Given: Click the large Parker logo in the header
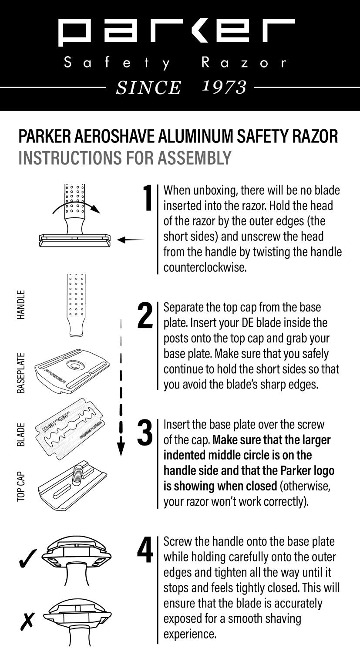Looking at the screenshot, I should click(x=176, y=32).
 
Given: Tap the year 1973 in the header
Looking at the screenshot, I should click(x=225, y=87).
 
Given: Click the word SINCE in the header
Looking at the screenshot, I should click(x=148, y=88).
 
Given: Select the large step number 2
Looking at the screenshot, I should click(x=145, y=316).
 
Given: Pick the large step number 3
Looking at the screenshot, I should click(x=145, y=433).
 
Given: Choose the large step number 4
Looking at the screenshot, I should click(x=145, y=551).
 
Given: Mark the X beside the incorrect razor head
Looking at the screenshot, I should click(x=27, y=621).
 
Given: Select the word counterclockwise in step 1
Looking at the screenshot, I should click(x=205, y=267).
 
